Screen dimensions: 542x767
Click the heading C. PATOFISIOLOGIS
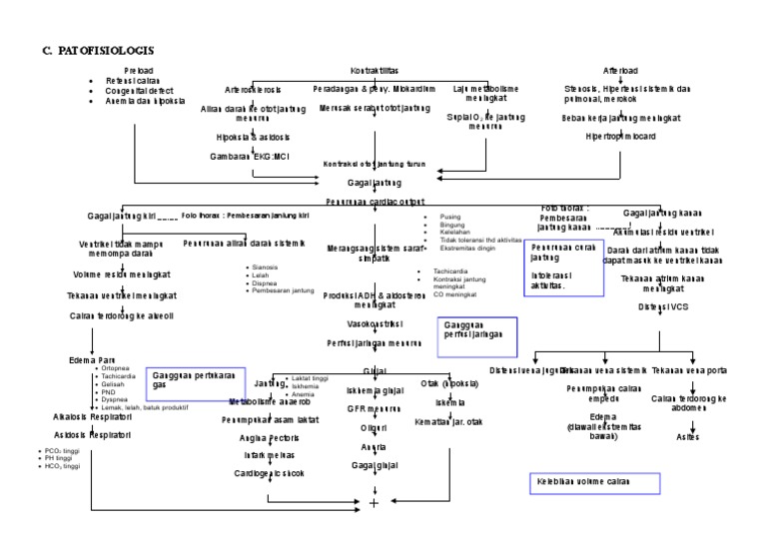click(x=98, y=49)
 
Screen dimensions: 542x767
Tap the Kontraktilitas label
click(x=375, y=71)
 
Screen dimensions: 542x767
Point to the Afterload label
click(x=622, y=71)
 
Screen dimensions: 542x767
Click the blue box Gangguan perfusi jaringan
click(x=478, y=336)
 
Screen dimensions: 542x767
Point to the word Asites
click(x=689, y=436)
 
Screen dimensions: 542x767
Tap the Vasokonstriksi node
click(x=374, y=323)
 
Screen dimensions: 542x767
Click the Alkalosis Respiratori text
click(x=93, y=417)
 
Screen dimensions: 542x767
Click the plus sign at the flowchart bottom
click(x=375, y=502)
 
